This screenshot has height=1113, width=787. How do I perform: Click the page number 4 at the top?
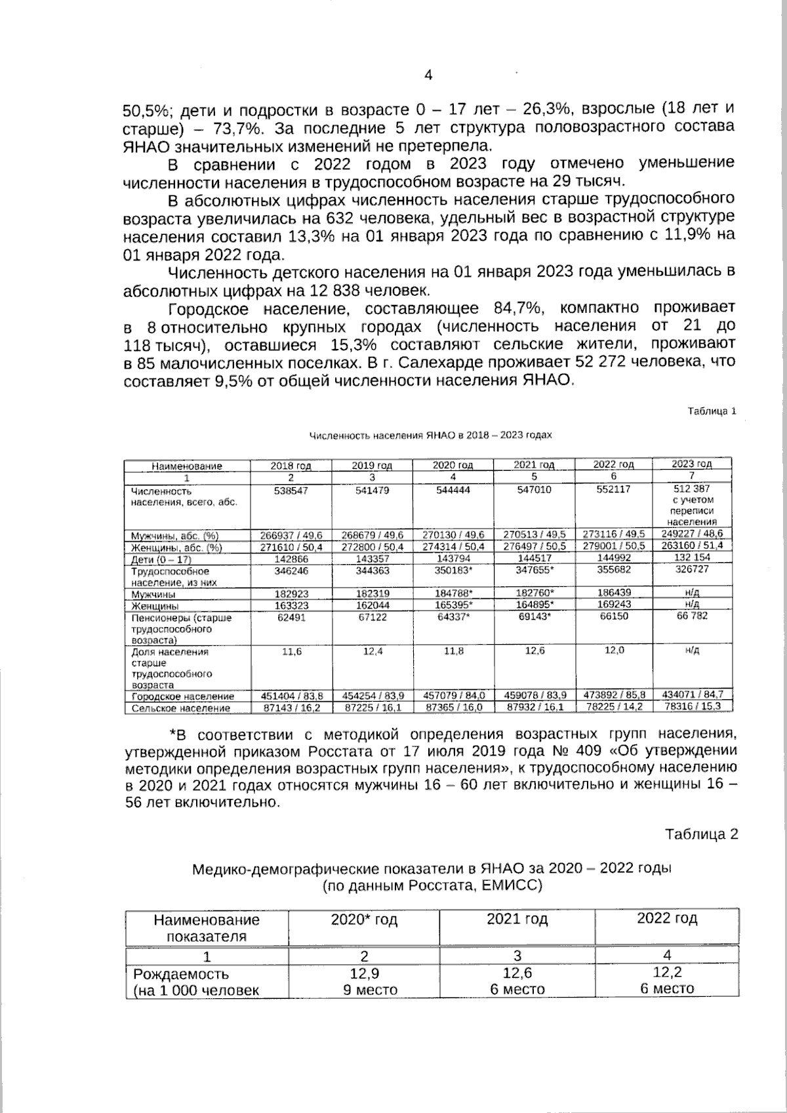428,75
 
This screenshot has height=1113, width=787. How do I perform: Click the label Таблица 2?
701,834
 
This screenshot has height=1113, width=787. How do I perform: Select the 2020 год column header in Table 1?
453,466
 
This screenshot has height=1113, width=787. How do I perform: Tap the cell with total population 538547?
291,490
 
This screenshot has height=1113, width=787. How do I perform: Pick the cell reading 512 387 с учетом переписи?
691,505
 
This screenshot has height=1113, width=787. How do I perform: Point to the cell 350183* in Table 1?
453,571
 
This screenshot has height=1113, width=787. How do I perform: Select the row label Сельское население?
172,708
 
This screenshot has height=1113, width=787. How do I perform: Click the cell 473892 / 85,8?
614,696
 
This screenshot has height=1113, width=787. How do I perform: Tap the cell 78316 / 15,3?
691,706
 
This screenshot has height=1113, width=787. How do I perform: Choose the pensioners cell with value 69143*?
534,617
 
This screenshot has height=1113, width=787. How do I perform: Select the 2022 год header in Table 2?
667,918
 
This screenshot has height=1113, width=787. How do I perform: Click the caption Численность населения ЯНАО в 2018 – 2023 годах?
430,435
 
